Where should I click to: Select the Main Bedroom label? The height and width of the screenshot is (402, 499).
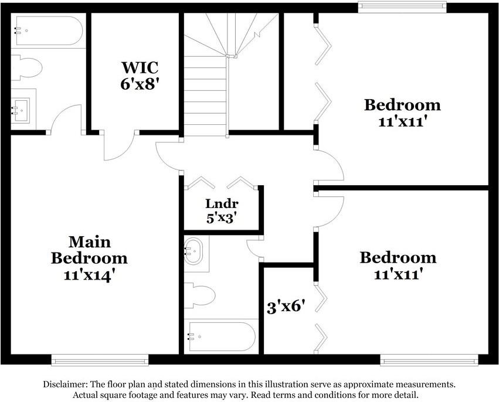pos(89,250)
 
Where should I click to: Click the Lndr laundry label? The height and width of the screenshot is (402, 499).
pos(222,204)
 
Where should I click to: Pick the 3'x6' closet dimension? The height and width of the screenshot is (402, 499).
pos(286,306)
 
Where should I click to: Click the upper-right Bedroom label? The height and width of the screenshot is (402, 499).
pos(402,105)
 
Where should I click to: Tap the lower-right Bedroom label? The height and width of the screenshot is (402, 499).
pos(398,257)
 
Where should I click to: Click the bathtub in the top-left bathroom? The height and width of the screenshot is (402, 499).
pos(48,31)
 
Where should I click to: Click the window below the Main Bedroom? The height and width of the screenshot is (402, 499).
pos(100,359)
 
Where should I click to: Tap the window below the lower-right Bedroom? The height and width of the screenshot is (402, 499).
pos(429,359)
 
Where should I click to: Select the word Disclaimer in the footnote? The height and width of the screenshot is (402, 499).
pos(65,384)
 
